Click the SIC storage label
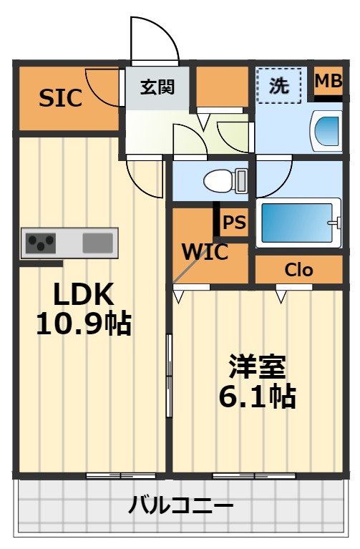60,98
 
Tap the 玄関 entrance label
157,87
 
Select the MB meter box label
328,81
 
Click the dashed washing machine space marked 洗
278,85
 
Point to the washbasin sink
326,131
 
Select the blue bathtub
297,223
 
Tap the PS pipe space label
234,222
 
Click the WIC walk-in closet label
205,251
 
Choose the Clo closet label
298,270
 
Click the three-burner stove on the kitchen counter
41,243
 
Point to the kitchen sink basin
98,243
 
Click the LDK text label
83,294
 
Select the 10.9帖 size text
84,324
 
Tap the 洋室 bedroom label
258,366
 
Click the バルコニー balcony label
180,505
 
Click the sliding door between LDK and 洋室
169,375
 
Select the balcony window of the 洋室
254,475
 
